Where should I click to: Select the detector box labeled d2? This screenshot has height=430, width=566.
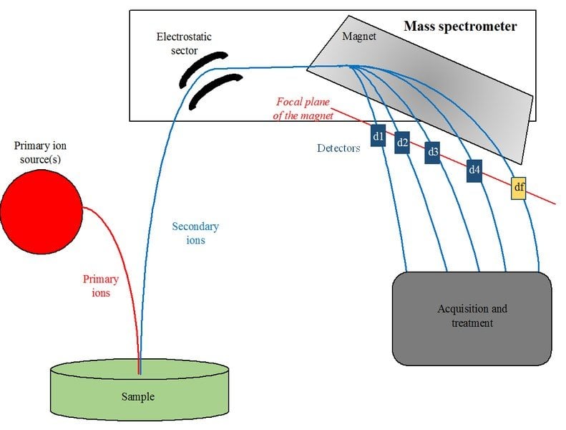(x=402, y=143)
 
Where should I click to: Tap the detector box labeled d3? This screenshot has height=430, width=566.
(x=432, y=152)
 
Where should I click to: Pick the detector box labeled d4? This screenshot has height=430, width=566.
(x=474, y=170)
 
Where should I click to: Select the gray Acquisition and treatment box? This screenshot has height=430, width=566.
(x=472, y=318)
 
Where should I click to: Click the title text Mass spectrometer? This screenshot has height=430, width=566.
(x=459, y=27)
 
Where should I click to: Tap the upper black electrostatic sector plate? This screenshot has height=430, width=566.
(x=202, y=66)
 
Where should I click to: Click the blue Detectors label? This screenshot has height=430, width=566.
(x=338, y=148)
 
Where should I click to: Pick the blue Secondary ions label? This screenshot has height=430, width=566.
(x=195, y=233)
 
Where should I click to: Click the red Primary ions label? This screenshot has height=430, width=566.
(x=101, y=286)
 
